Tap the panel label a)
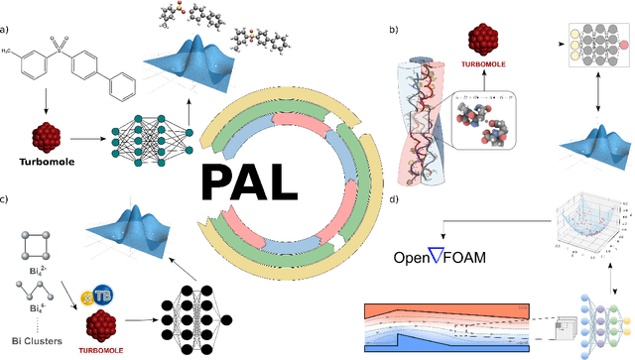click(x=7, y=11)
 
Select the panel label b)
click(x=395, y=29)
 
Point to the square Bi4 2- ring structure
click(x=34, y=242)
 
